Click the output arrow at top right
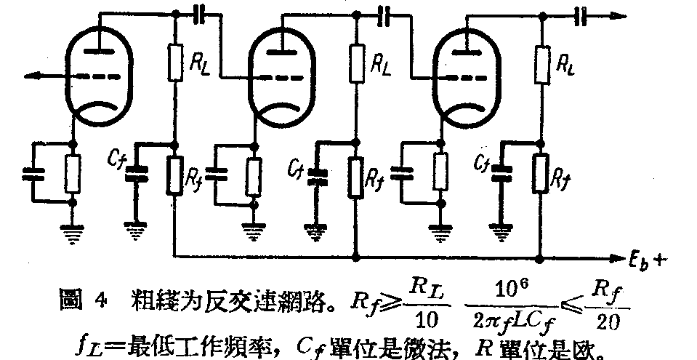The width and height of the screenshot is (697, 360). (615, 13)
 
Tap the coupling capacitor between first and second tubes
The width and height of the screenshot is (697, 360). (199, 13)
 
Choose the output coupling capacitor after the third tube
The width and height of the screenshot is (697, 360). (579, 13)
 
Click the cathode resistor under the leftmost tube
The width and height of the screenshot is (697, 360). (71, 173)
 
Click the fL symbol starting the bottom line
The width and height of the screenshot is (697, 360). (85, 342)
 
